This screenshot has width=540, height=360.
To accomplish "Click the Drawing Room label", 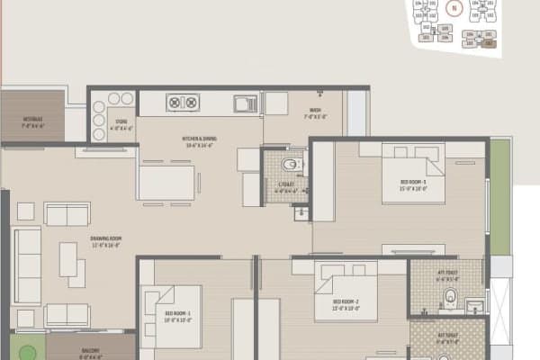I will pyautogui.click(x=106, y=239).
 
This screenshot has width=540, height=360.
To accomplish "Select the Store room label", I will pyautogui.click(x=121, y=127).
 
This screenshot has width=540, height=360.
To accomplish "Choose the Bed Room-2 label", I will pyautogui.click(x=346, y=303).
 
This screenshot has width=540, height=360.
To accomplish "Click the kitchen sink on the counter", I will pyautogui.click(x=244, y=103).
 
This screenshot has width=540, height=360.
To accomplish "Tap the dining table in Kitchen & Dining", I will pyautogui.click(x=167, y=183).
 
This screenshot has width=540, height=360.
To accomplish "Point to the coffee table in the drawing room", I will pyautogui.click(x=68, y=260).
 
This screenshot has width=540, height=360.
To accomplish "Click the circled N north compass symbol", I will pyautogui.click(x=454, y=10).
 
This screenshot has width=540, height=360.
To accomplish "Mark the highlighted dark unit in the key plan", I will pyautogui.click(x=489, y=43).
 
